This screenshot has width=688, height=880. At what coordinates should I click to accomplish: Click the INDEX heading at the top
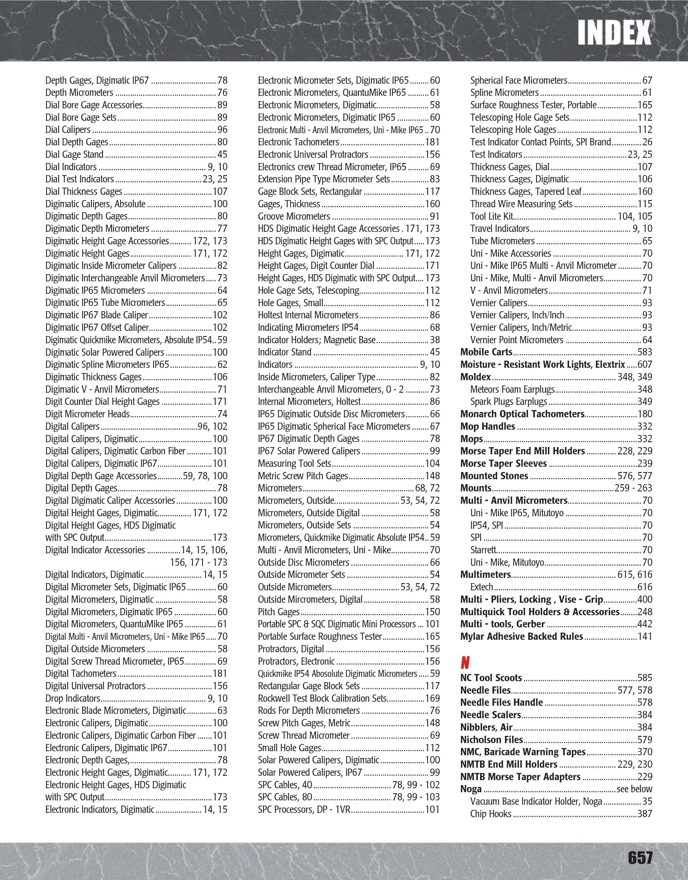coord(614,33)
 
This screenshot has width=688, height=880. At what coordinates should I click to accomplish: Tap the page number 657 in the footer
coord(640,857)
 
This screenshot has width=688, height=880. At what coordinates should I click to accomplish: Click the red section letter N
coord(465,662)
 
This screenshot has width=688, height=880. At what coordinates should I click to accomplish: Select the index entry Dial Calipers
coord(68,130)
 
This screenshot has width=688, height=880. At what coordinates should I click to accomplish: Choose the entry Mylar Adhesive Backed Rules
coord(521,637)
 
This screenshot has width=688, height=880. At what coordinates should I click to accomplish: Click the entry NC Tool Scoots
coord(491,678)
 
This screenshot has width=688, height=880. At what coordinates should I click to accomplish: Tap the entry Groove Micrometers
coord(294,216)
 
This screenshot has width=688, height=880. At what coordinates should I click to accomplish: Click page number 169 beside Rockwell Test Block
coord(432,699)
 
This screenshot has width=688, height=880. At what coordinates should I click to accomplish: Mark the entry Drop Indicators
coord(73,699)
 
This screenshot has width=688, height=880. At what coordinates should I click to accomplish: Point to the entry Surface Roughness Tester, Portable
coord(533,105)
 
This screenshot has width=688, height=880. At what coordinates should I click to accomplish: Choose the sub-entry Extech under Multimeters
coord(482,587)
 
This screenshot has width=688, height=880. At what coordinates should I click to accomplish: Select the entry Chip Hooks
coord(491,814)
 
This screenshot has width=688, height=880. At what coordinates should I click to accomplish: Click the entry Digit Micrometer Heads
coord(87,414)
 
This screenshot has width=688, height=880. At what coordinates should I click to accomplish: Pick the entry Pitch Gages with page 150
coord(279,612)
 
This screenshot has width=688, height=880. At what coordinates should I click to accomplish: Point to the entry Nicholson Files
coord(492,740)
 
